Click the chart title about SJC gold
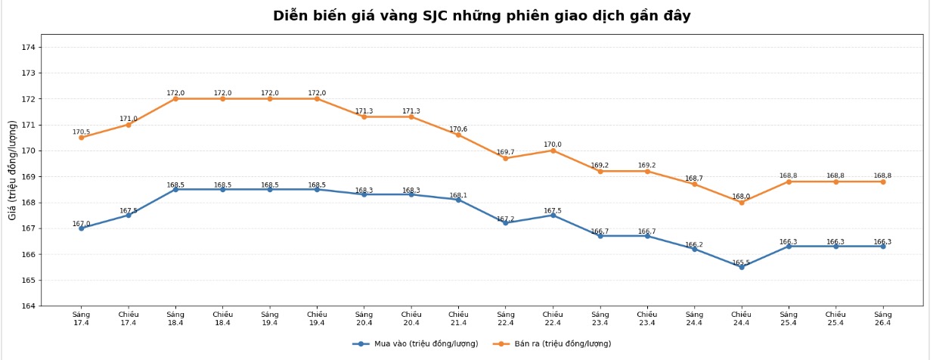[x=482, y=16]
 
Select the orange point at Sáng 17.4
[x=81, y=137]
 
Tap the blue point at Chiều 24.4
[x=741, y=267]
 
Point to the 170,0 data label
[x=553, y=144]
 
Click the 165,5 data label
[x=741, y=263]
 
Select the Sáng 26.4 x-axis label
[x=882, y=318]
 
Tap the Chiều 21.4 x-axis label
[x=458, y=318]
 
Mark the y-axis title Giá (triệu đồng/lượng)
[x=13, y=170]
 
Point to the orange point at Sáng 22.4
[x=506, y=158]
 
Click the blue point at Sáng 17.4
[x=81, y=228]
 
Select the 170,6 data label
[x=458, y=129]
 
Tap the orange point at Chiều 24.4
[x=741, y=202]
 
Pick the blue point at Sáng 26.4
[x=882, y=246]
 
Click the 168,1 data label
[x=458, y=195]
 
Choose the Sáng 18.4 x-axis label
[x=175, y=318]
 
